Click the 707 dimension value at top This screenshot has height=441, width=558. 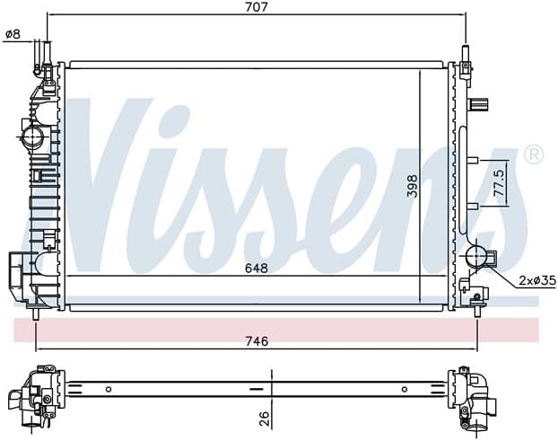[x=257, y=7]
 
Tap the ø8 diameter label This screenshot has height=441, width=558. [x=13, y=34]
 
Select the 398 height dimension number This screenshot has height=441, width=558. [x=413, y=186]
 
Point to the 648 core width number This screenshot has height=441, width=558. [x=257, y=269]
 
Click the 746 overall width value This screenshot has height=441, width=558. [x=257, y=341]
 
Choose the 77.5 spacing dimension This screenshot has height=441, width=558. [x=500, y=182]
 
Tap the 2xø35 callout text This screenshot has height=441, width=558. [x=537, y=281]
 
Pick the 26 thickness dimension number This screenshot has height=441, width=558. [x=264, y=419]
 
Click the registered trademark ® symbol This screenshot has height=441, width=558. [x=534, y=154]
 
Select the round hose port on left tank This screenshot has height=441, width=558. [x=32, y=137]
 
